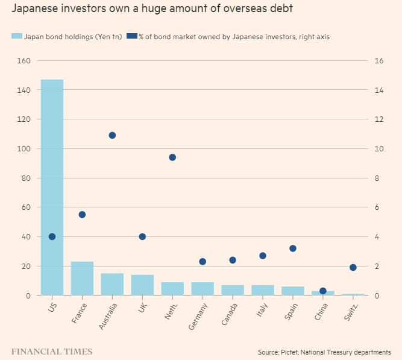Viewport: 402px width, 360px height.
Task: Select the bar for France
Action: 82,278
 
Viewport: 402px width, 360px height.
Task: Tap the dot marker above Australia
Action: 112,135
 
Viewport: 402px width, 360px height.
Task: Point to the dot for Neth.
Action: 172,157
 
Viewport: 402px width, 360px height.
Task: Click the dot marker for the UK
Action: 142,236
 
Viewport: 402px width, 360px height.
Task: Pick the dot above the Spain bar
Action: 293,248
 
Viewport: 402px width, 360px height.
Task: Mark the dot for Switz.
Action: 353,267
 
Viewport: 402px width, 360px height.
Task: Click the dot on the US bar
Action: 52,236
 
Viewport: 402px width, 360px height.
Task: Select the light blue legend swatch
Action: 17,37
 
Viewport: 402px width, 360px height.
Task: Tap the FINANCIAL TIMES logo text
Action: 52,350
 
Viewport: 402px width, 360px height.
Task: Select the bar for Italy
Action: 263,290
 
